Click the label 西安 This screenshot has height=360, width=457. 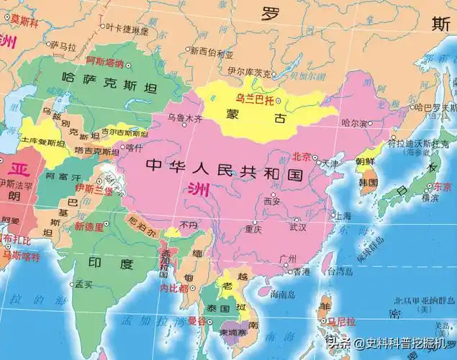(272, 202)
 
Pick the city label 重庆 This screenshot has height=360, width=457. (253, 230)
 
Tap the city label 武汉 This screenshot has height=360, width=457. (297, 228)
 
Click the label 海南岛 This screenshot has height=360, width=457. (284, 294)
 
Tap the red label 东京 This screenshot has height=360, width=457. (443, 186)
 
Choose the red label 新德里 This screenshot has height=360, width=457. (89, 225)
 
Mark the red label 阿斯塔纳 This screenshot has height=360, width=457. (105, 63)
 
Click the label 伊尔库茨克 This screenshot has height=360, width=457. (249, 73)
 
